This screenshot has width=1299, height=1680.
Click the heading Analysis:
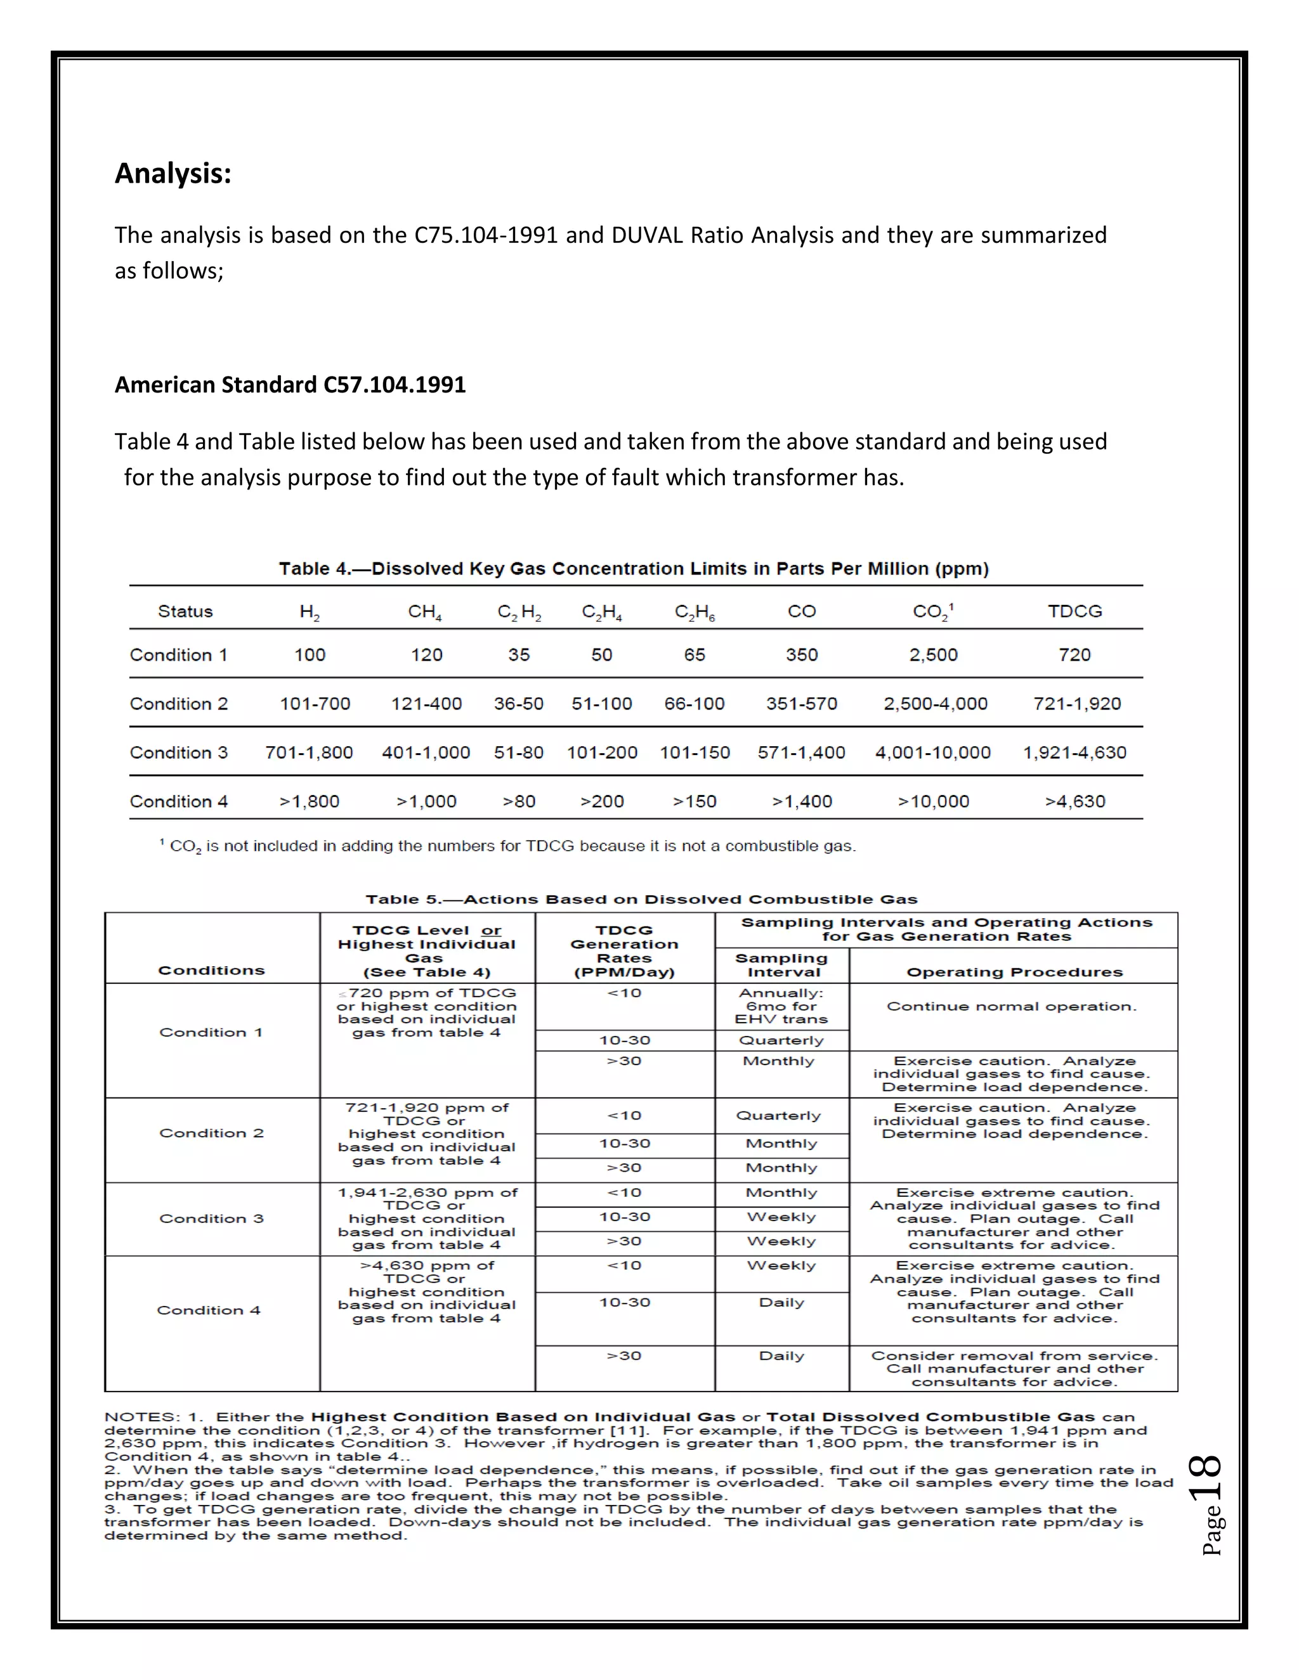(173, 174)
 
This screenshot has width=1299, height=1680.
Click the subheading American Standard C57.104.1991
(290, 385)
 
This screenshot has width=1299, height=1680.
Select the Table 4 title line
(634, 569)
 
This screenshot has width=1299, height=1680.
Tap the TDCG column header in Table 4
(1074, 612)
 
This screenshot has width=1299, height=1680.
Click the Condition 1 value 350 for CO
(801, 655)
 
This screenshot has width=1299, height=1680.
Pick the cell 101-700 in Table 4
(315, 704)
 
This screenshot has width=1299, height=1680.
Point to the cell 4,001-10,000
(932, 753)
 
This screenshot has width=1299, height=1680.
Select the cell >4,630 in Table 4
(1074, 801)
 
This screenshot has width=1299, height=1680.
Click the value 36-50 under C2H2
(519, 704)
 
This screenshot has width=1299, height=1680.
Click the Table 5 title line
(641, 899)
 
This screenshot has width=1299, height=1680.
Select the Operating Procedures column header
(1014, 972)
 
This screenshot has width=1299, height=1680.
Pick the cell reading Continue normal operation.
(1011, 1006)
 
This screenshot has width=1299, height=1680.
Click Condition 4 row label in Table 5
(209, 1310)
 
